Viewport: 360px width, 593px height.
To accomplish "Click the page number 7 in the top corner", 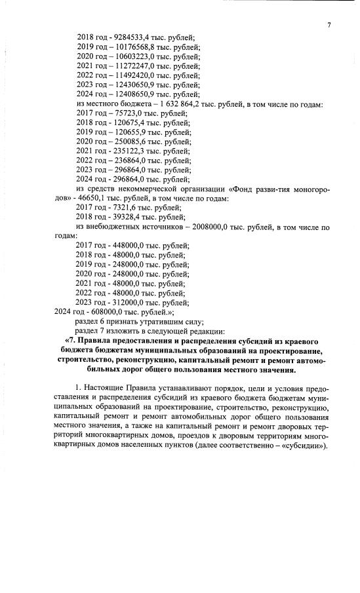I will [329, 25].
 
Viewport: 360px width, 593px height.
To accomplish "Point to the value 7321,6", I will [127, 208].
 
